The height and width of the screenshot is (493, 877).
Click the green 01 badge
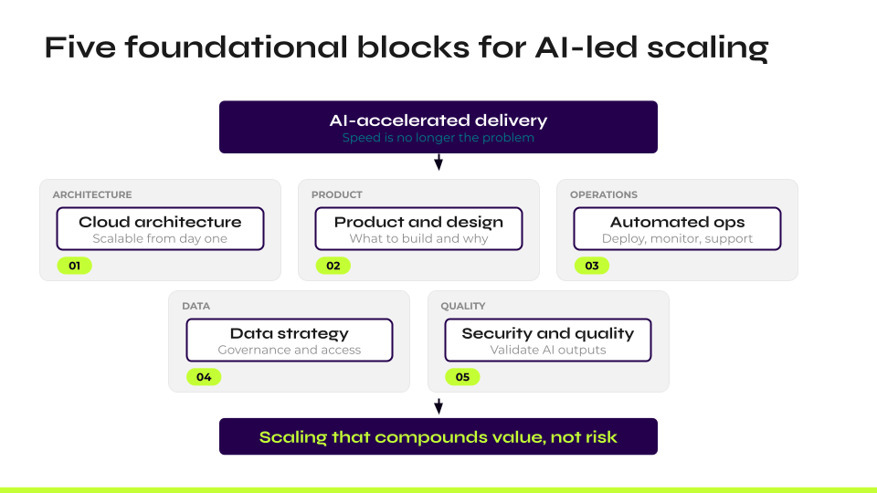[x=74, y=266]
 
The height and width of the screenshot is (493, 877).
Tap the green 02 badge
[x=333, y=266]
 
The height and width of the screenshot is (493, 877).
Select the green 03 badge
[x=591, y=266]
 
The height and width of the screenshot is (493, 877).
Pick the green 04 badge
[x=203, y=377]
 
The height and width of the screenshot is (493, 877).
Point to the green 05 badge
[x=461, y=377]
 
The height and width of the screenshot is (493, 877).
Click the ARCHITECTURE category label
[x=92, y=194]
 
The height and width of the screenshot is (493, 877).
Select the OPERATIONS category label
[x=604, y=194]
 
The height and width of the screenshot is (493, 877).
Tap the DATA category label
[x=196, y=306]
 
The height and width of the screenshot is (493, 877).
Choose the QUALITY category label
[x=463, y=306]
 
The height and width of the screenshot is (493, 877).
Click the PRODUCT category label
[x=337, y=194]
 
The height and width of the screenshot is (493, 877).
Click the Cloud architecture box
[x=160, y=228]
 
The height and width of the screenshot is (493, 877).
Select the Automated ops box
[x=677, y=228]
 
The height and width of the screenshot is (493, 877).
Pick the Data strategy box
[x=290, y=340]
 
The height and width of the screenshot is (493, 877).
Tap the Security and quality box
[x=548, y=340]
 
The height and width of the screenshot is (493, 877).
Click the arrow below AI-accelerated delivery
[x=438, y=163]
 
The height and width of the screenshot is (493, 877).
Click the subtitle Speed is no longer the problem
[x=438, y=139]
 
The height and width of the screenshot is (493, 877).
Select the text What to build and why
[x=418, y=238]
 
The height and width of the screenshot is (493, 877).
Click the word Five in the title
[x=79, y=47]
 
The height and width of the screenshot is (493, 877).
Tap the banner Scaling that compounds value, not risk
[x=438, y=436]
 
